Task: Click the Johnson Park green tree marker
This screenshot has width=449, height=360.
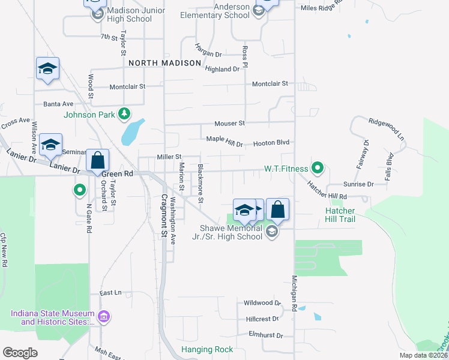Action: pyautogui.click(x=124, y=113)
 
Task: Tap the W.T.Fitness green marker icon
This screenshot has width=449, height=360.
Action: pyautogui.click(x=318, y=169)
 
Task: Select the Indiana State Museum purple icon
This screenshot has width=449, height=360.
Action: pyautogui.click(x=103, y=316)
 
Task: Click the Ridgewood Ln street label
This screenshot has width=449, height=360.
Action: pyautogui.click(x=387, y=128)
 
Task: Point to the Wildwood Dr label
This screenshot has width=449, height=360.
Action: pyautogui.click(x=262, y=303)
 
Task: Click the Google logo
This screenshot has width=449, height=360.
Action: pyautogui.click(x=20, y=353)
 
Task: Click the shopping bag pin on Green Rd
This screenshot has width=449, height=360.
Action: pyautogui.click(x=97, y=161)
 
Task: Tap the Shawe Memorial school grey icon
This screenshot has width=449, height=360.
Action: pyautogui.click(x=272, y=231)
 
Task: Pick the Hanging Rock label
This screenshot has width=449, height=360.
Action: pyautogui.click(x=207, y=349)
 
